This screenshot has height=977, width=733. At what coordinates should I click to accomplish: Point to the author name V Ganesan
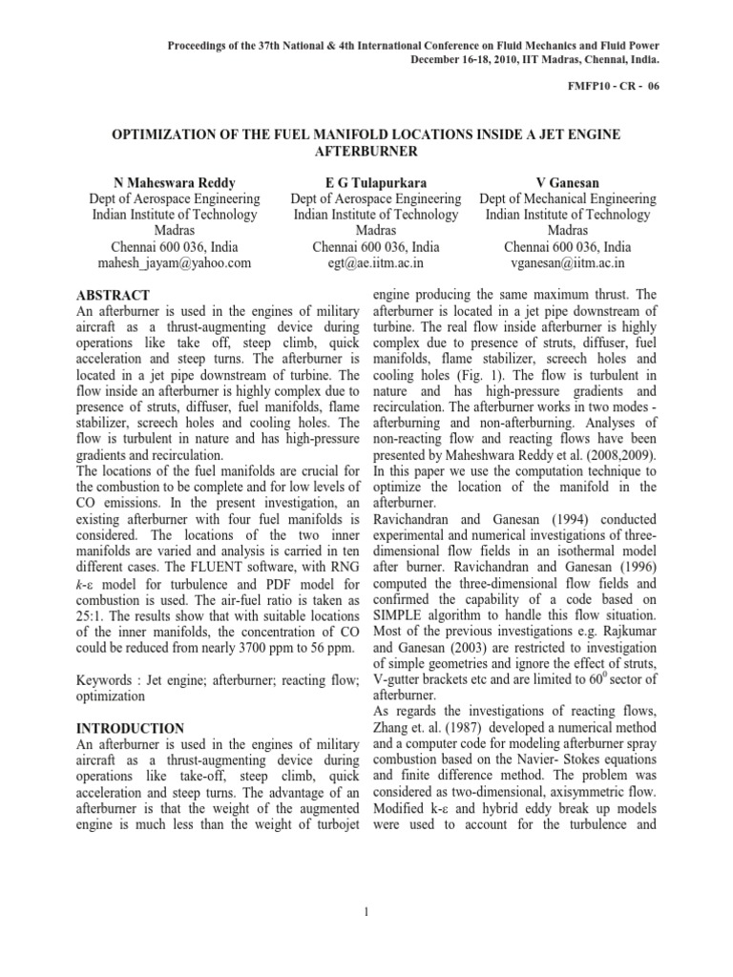coord(568,181)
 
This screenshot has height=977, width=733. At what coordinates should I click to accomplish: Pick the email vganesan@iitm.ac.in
coord(568,262)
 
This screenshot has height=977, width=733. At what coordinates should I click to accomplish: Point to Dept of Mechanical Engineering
coord(568,198)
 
